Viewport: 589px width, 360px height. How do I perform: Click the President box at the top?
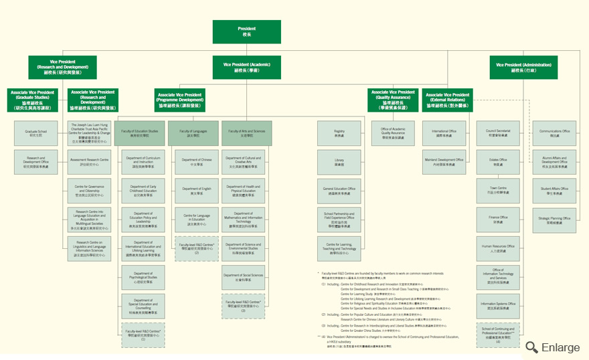[x=246, y=31]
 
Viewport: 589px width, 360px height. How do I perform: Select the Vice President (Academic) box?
[x=246, y=68]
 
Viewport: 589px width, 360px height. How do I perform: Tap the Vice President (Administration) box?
[x=523, y=68]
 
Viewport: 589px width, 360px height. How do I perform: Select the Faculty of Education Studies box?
[x=140, y=132]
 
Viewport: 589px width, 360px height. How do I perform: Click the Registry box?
[x=339, y=132]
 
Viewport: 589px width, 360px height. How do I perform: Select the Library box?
[x=339, y=161]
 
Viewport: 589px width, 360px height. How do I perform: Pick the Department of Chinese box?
[x=197, y=161]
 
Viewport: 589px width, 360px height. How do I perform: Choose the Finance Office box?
[x=498, y=219]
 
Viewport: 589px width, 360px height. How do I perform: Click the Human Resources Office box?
[x=498, y=248]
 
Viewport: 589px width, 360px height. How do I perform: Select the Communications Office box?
[x=555, y=132]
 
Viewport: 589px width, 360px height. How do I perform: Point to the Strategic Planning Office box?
[x=555, y=219]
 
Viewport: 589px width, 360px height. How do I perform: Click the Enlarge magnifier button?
[x=553, y=347]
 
